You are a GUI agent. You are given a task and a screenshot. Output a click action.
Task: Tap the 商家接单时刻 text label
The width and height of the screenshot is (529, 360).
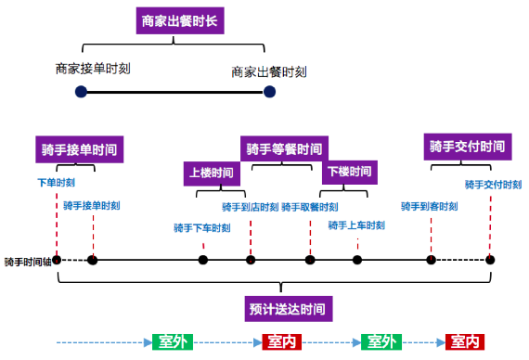93,68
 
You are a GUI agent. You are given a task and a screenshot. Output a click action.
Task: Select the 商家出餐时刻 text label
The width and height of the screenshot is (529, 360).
269,71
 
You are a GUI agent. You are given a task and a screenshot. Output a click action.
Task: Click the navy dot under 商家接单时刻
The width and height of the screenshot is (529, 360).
82,91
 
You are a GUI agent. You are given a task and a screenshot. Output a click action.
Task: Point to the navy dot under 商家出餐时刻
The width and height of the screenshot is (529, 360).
270,91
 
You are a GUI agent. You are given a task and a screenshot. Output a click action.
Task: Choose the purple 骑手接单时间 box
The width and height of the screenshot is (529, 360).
82,149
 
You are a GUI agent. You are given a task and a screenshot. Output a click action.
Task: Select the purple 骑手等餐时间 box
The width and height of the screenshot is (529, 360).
286,148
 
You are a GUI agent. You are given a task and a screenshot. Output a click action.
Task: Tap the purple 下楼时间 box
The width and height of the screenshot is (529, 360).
350,172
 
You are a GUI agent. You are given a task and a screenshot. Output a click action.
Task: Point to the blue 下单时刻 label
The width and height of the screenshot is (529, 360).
56,183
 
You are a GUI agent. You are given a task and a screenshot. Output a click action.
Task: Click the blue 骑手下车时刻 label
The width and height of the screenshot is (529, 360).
202,228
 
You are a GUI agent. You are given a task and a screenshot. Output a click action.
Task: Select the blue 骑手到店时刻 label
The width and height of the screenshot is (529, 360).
251,207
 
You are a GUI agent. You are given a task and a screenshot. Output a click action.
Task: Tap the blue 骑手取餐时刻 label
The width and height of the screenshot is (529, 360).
310,207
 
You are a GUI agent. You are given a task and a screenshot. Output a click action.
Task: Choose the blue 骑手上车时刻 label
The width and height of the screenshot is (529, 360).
356,225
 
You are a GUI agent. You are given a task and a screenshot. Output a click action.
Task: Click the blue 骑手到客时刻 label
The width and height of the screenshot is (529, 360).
429,206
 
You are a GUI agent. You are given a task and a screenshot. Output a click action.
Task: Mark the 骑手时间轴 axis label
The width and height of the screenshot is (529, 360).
27,262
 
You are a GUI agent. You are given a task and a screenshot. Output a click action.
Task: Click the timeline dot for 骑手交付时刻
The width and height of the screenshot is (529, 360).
490,260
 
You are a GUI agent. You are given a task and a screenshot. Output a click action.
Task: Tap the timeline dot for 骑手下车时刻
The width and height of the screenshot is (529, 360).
202,260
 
